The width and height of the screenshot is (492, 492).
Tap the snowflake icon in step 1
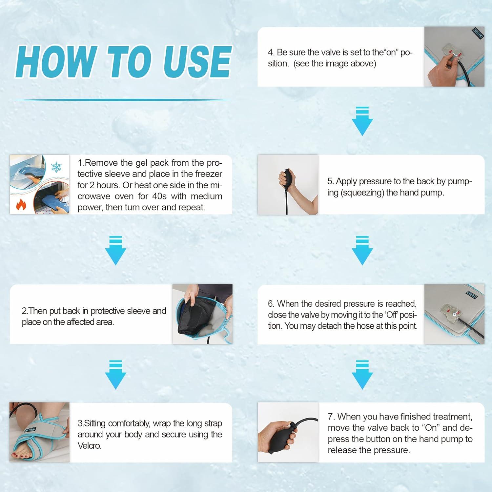[56, 167]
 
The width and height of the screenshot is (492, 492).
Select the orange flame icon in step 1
[21, 205]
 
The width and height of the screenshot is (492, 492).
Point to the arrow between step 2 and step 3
[115, 375]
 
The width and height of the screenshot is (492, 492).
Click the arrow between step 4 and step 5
[362, 121]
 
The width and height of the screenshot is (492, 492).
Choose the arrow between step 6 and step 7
[362, 375]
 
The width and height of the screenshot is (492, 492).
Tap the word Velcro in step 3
[90, 446]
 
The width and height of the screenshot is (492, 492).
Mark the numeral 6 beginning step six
[270, 304]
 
